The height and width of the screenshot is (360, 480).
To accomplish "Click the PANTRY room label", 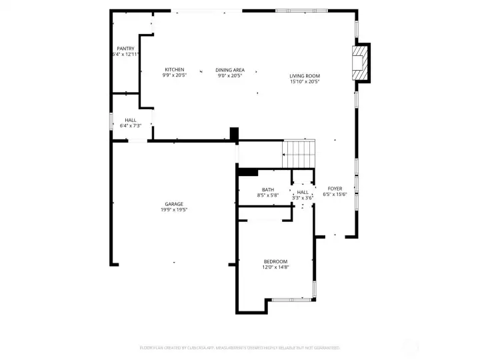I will tap(125, 49).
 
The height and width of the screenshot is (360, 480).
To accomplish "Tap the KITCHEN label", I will tap(175, 70).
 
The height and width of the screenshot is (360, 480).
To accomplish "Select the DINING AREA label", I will tap(230, 70).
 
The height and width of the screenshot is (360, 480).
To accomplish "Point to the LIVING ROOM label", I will tap(305, 76).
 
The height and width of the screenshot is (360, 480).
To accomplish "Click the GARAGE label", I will tap(174, 204).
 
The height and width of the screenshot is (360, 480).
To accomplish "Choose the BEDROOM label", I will tap(275, 261).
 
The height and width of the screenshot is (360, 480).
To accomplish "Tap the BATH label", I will tap(267, 190).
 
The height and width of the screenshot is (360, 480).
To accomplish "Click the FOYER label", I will tap(334, 189).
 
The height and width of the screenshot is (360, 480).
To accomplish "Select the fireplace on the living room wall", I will tap(360, 63).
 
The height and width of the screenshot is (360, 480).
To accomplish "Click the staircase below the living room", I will tap(299, 155).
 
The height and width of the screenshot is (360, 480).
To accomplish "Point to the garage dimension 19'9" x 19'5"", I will tap(174, 210).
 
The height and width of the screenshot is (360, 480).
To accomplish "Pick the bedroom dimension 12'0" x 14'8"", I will tap(275, 267).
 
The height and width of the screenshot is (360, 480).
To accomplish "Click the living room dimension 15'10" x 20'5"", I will tap(305, 82).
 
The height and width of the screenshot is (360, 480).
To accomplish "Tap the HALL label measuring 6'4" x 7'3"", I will tap(130, 120).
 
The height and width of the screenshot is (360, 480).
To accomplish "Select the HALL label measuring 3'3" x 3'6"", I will tap(303, 192).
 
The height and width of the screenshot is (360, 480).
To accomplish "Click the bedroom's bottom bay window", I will tap(291, 299).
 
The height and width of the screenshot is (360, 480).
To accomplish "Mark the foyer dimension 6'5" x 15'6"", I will tap(334, 195).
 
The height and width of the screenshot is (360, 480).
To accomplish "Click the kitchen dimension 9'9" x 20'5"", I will tap(175, 76).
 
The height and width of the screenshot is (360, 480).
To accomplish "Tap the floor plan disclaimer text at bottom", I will tap(240, 347).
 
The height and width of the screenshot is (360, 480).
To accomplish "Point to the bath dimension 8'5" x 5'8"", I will tap(267, 196).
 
